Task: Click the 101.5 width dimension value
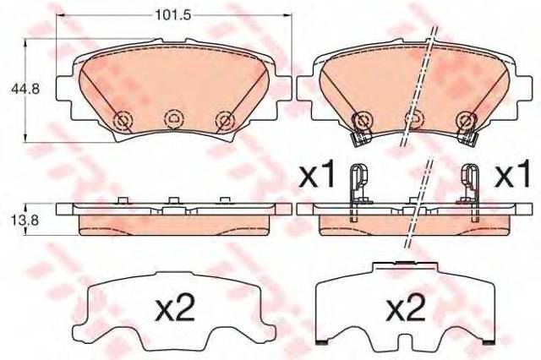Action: pyautogui.click(x=173, y=15)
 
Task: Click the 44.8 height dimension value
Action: pyautogui.click(x=25, y=89)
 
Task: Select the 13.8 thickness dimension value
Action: pyautogui.click(x=25, y=220)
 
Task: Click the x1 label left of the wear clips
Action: pyautogui.click(x=317, y=175)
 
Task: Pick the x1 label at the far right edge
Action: pyautogui.click(x=512, y=175)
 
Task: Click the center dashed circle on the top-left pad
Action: pyautogui.click(x=174, y=119)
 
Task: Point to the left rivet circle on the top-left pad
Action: pyautogui.click(x=123, y=121)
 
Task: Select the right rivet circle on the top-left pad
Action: pyautogui.click(x=225, y=121)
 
